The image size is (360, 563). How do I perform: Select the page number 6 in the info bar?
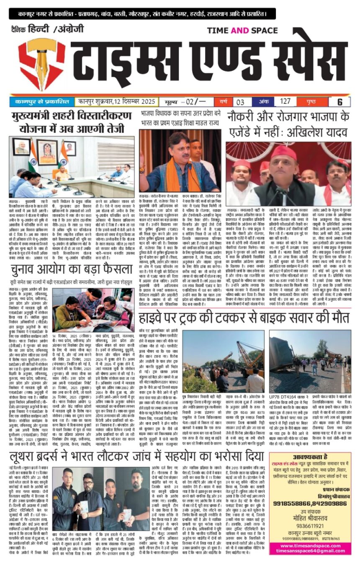pyautogui.click(x=340, y=101)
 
